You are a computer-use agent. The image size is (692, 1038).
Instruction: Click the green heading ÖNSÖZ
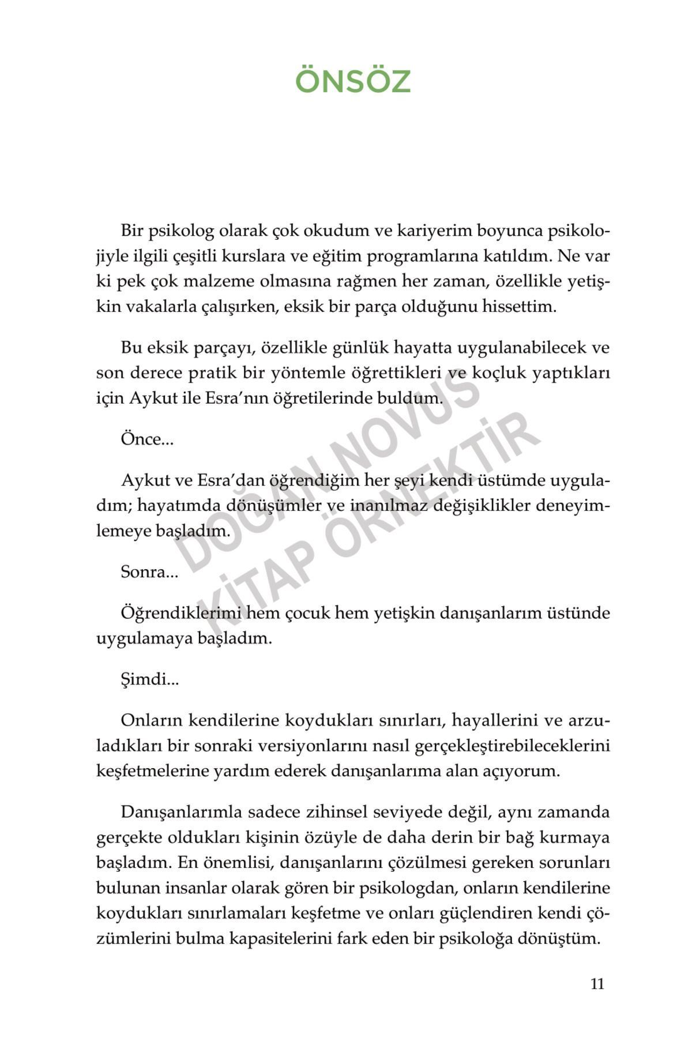click(352, 82)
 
